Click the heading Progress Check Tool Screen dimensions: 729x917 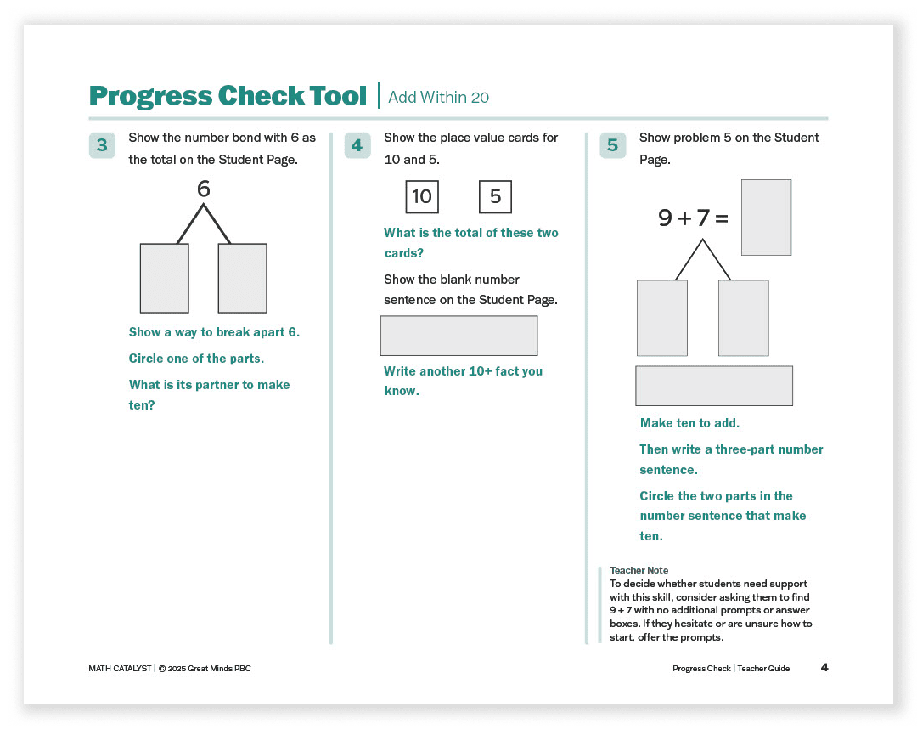pos(228,96)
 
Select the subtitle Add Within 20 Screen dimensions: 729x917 pos(438,98)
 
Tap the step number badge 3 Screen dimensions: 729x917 pos(102,145)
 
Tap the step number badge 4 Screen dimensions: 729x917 pos(357,145)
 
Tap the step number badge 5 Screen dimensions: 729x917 pos(612,145)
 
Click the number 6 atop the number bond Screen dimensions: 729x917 pos(203,189)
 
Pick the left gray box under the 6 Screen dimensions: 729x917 pos(164,278)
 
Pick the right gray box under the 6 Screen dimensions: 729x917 pos(242,278)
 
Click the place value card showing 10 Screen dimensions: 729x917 pos(422,197)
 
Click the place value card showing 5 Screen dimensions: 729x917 pos(495,197)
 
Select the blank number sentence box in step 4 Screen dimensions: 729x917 pos(458,336)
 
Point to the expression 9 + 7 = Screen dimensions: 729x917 pos(693,218)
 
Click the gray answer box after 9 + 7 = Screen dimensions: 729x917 pos(766,218)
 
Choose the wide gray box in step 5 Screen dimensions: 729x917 pos(713,386)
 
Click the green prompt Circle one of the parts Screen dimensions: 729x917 pos(196,359)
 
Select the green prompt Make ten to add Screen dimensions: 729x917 pos(689,423)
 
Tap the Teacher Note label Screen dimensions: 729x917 pos(639,570)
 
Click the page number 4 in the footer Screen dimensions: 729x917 pos(824,668)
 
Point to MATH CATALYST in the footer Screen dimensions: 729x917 pos(119,669)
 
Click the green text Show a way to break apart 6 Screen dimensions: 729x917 pos(214,332)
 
